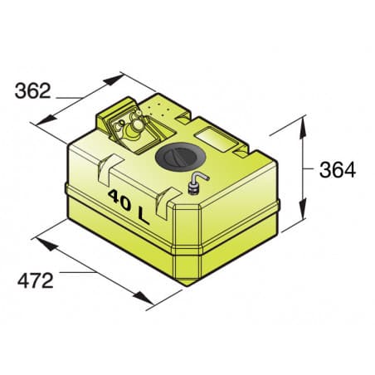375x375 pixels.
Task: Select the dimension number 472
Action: click(36, 280)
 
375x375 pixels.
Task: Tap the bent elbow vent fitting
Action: click(198, 181)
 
